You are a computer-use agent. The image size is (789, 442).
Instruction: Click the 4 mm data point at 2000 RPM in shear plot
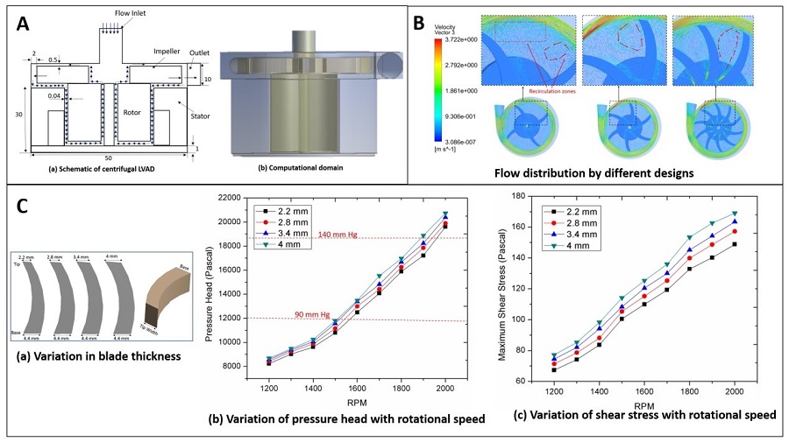pyautogui.click(x=735, y=214)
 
